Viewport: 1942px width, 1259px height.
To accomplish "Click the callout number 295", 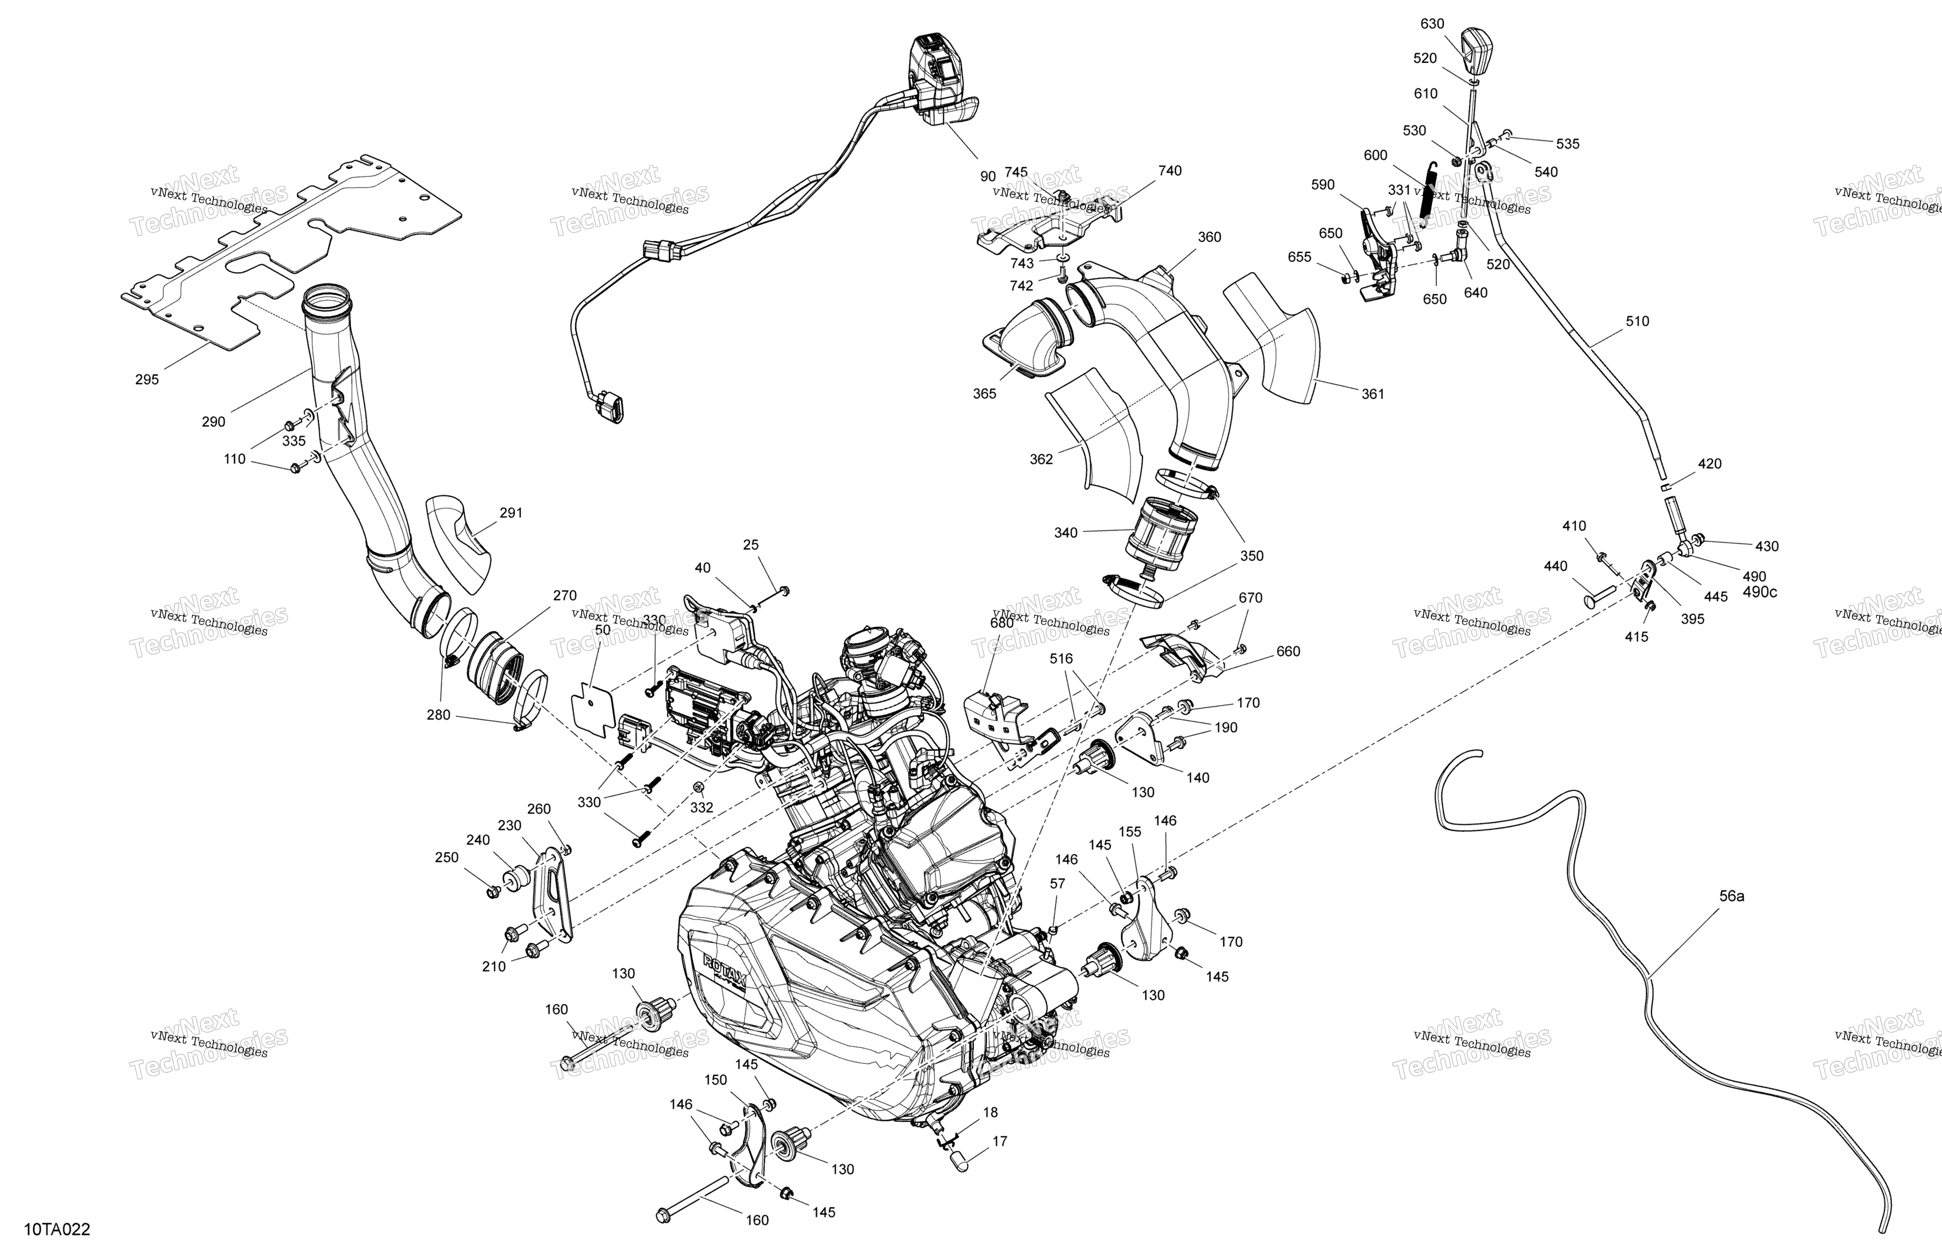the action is [147, 379].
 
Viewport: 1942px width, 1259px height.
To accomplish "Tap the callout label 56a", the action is [1732, 896].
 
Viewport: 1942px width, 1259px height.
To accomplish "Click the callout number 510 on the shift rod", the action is [1637, 322].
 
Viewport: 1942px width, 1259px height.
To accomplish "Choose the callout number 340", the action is [1065, 533].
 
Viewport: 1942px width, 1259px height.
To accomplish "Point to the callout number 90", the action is [988, 176].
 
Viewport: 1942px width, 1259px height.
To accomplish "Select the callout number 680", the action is [1001, 623].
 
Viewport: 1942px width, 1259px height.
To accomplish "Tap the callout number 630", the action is [1432, 25].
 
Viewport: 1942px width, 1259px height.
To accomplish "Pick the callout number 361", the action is [1372, 394].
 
